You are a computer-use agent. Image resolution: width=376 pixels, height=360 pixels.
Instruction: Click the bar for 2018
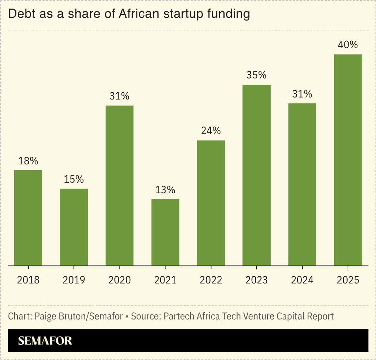click(x=28, y=218)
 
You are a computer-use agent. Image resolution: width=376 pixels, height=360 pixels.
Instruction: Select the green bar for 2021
click(x=165, y=232)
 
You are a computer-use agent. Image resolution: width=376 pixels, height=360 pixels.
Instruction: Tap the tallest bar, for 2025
click(x=348, y=160)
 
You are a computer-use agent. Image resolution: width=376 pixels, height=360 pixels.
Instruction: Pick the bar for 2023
click(x=257, y=175)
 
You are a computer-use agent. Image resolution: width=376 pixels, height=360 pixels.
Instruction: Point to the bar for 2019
click(x=74, y=227)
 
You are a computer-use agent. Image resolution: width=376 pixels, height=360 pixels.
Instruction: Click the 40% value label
click(x=348, y=45)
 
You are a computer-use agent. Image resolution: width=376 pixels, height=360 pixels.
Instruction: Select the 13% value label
click(x=165, y=190)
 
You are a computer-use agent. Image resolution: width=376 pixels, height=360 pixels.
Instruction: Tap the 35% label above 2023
click(x=257, y=75)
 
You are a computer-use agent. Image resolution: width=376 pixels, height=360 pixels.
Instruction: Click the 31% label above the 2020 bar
click(x=119, y=96)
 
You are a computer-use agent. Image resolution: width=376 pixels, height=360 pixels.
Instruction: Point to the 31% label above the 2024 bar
click(x=302, y=94)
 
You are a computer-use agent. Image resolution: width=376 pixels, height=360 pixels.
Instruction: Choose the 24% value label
click(x=211, y=131)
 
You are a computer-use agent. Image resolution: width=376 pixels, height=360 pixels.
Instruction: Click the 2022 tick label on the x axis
click(x=211, y=280)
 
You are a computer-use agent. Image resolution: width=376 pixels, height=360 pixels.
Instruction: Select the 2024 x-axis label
click(x=302, y=280)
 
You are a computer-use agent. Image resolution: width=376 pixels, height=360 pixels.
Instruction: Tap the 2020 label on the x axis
click(x=119, y=280)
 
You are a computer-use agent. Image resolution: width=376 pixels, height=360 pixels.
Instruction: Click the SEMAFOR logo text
click(x=45, y=341)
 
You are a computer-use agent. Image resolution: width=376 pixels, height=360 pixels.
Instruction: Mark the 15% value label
click(x=74, y=179)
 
